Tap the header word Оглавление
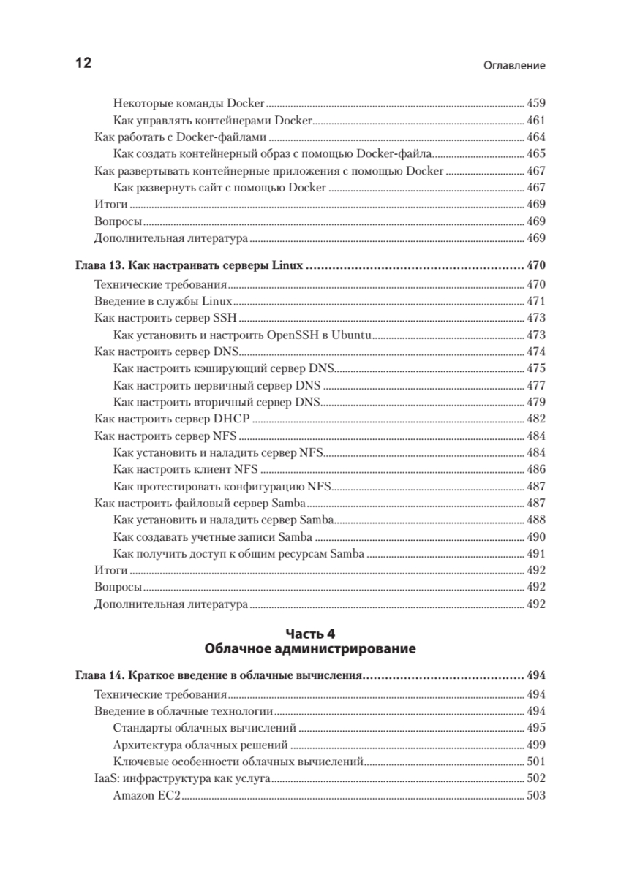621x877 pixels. point(515,65)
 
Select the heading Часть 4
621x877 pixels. point(311,633)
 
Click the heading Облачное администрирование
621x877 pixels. point(311,648)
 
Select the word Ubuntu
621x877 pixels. point(352,335)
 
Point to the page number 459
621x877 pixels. point(536,104)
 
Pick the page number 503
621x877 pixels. point(536,795)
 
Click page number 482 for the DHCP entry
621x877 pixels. point(536,419)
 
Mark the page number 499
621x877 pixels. point(536,745)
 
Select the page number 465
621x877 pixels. point(536,154)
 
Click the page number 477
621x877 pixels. point(536,385)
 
